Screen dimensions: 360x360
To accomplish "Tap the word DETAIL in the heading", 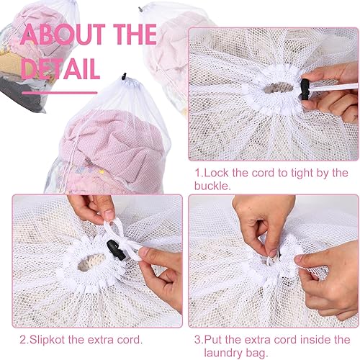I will click(x=62, y=68).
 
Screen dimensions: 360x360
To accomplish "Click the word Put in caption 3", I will click(x=217, y=338).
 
